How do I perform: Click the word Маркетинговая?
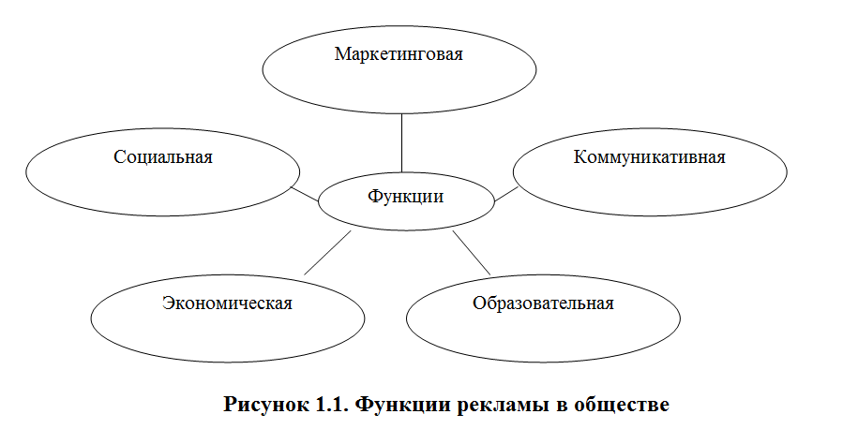pos(399,54)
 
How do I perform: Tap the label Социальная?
pos(163,156)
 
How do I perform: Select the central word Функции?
pos(405,197)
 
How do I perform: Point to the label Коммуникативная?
pos(649,156)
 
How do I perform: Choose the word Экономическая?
pos(227,303)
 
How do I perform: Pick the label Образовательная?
pos(543,303)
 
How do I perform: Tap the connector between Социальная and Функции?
pos(305,193)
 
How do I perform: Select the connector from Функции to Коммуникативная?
pos(505,194)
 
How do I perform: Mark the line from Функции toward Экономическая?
pos(327,253)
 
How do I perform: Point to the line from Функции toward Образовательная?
pos(472,253)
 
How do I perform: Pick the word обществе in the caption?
pos(625,406)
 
